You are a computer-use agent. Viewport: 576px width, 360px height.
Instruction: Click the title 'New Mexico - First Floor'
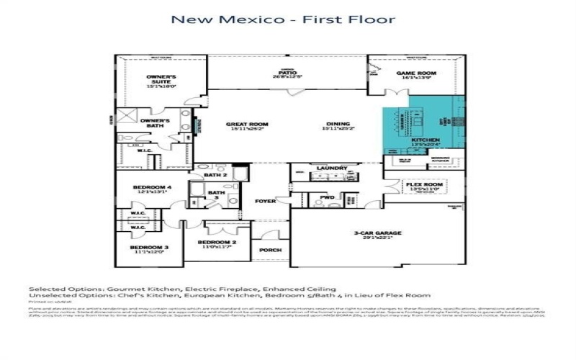click(x=282, y=19)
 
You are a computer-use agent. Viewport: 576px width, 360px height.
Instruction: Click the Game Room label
click(x=415, y=74)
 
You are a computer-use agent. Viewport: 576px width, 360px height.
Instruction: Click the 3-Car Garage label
click(x=377, y=234)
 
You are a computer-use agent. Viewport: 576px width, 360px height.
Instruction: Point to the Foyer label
click(x=266, y=202)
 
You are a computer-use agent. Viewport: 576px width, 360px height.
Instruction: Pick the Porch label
click(x=271, y=251)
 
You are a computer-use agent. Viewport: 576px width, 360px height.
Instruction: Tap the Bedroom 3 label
click(x=151, y=248)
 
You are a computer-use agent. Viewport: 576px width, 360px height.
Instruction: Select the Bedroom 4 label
click(x=150, y=189)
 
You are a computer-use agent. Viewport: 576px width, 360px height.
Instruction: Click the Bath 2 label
click(x=215, y=175)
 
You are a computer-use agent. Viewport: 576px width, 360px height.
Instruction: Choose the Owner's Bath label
click(x=155, y=123)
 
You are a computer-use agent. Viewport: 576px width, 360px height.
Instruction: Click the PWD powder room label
click(x=327, y=197)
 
